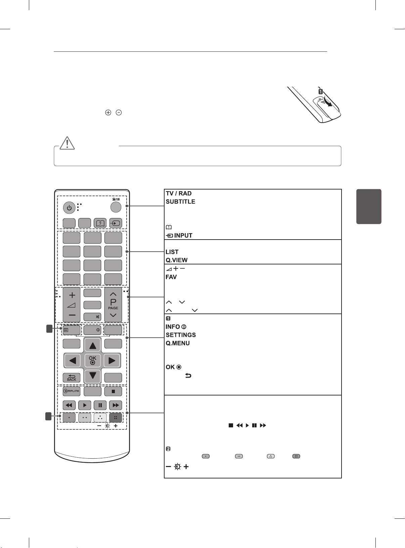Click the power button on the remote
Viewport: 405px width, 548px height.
(69, 208)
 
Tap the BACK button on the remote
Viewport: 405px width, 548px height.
(72, 378)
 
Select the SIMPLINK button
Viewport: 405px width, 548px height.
(72, 391)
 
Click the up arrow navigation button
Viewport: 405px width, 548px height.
(92, 345)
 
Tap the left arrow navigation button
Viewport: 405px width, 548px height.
(72, 361)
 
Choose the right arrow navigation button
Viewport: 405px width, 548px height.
(112, 361)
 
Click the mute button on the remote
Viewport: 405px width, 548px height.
(92, 317)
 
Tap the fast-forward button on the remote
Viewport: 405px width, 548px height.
(116, 405)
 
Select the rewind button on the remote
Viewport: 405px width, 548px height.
(69, 405)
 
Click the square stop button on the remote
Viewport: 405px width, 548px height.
(113, 391)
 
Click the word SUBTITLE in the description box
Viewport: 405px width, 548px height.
(180, 202)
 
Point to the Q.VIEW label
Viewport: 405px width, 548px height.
(177, 260)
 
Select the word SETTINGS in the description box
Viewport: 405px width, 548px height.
(181, 335)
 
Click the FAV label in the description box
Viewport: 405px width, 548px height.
(171, 277)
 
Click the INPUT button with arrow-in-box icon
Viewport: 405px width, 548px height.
(115, 223)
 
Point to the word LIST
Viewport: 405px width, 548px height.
(172, 252)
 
